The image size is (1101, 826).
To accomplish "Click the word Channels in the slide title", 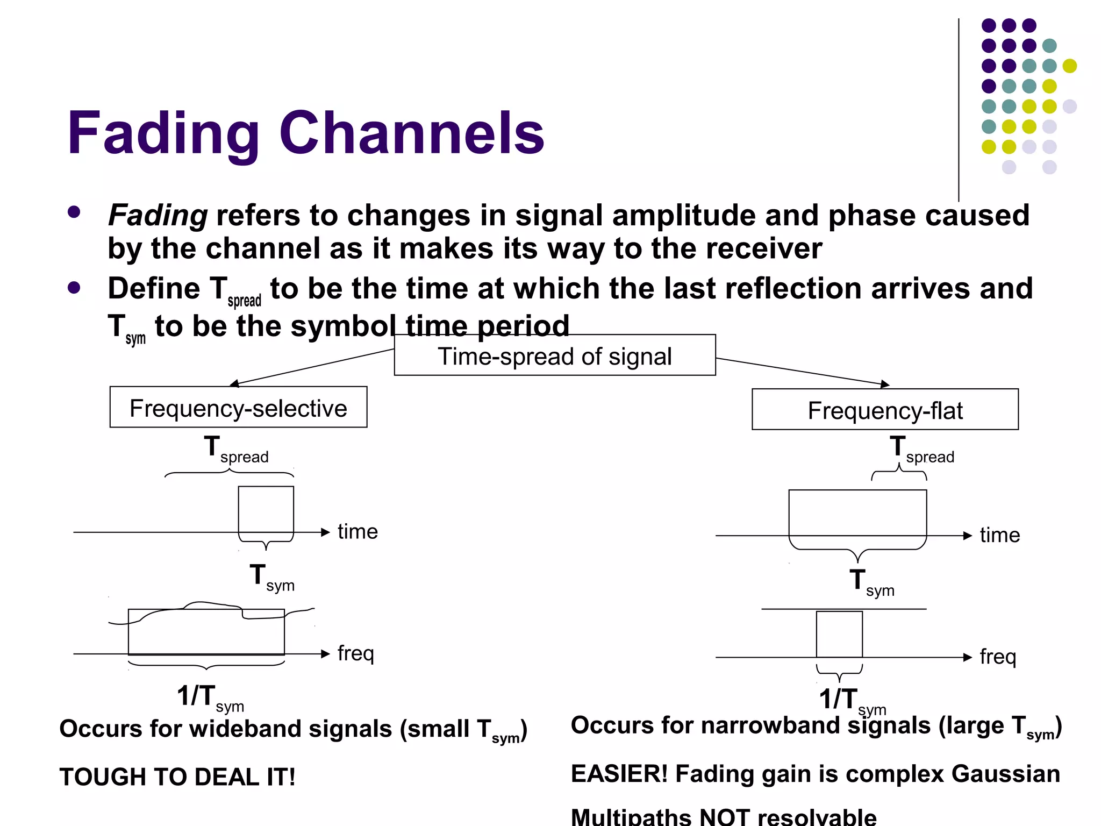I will click(x=411, y=133).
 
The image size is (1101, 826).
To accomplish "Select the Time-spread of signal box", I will click(x=554, y=355).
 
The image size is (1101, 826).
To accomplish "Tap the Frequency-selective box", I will click(x=238, y=408).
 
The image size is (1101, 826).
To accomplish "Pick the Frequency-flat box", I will click(x=884, y=410).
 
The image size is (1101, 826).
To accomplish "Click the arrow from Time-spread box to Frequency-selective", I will click(x=312, y=367).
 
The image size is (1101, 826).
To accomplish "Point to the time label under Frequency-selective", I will click(x=358, y=532).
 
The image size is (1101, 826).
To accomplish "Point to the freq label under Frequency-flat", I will click(x=998, y=657).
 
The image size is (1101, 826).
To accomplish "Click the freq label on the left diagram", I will click(x=355, y=653).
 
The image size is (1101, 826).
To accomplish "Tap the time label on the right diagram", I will click(x=999, y=535).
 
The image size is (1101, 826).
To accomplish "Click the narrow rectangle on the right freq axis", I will click(x=839, y=634).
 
